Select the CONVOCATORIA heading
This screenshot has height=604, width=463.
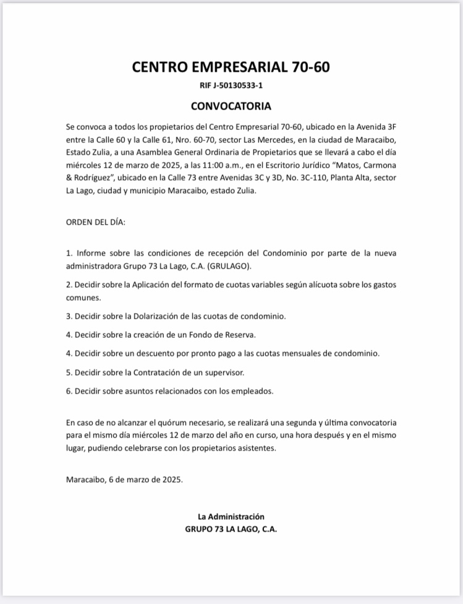(x=231, y=106)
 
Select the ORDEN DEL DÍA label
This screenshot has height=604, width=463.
(x=95, y=222)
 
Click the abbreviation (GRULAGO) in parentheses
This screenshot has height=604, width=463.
(x=232, y=266)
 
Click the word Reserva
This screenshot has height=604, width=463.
(x=237, y=335)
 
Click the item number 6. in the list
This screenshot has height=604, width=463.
(x=69, y=390)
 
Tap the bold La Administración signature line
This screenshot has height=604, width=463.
(x=231, y=516)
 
